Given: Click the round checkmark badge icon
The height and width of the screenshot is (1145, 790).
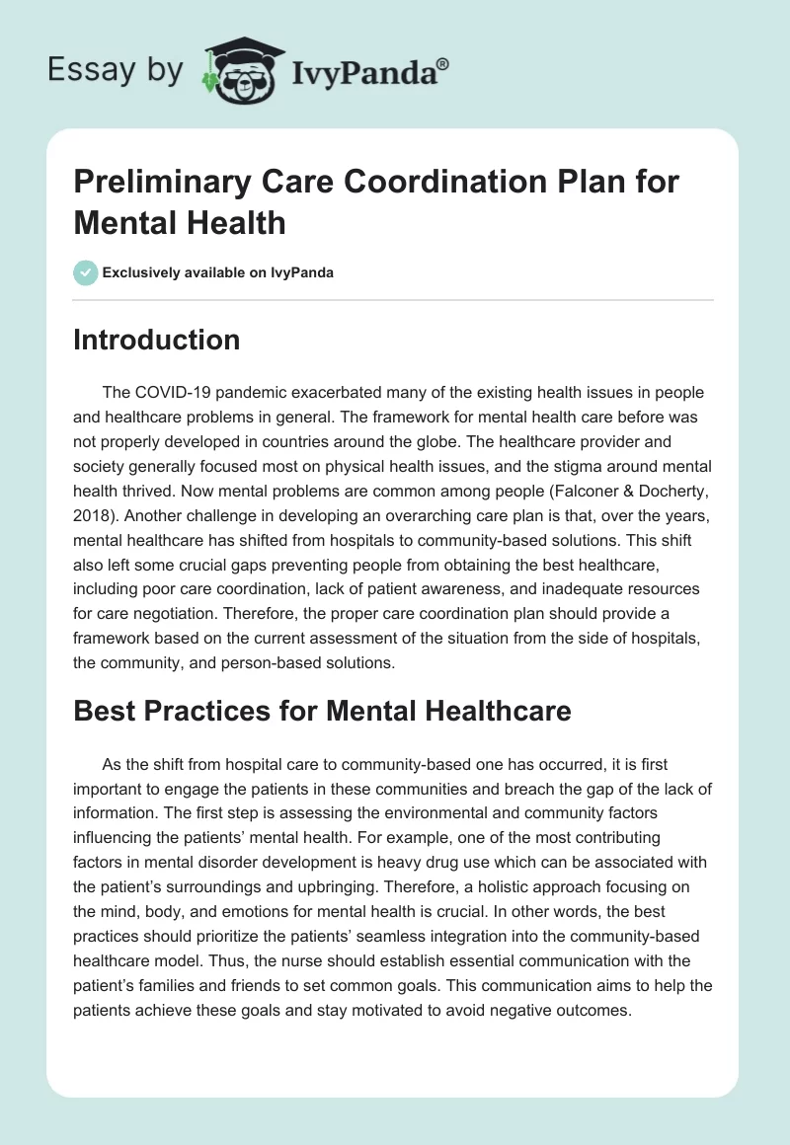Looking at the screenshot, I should click(85, 272).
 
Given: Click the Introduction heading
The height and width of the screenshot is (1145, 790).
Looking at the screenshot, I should click(156, 340).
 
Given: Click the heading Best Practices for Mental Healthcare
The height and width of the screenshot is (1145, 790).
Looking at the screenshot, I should click(322, 711).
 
